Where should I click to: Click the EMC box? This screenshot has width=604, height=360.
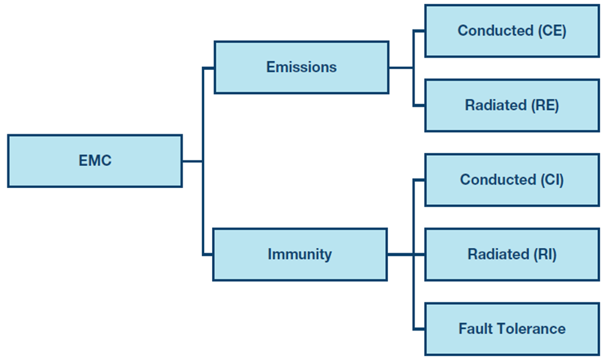95,161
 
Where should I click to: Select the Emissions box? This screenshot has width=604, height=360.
301,67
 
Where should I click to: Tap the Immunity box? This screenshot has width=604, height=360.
300,255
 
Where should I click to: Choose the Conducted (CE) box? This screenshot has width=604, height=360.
512,31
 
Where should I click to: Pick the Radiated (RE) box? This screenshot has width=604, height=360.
512,105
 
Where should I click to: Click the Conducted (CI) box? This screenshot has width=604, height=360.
512,180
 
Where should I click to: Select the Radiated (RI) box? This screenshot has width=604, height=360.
512,255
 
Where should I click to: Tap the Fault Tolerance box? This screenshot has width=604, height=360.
512,329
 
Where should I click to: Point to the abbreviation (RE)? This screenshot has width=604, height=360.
545,105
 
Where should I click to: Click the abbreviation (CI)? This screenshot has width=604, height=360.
552,180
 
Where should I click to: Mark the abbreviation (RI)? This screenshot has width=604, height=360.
545,255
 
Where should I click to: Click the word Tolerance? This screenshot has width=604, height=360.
527,329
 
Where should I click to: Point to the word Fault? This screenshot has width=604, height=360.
472,329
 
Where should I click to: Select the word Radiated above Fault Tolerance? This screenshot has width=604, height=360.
498,255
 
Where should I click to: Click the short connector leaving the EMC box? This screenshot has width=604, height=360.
193,161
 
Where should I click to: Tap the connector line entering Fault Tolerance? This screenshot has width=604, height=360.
419,329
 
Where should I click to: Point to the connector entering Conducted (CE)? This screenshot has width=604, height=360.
419,31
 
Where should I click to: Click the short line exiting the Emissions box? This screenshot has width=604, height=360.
401,68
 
